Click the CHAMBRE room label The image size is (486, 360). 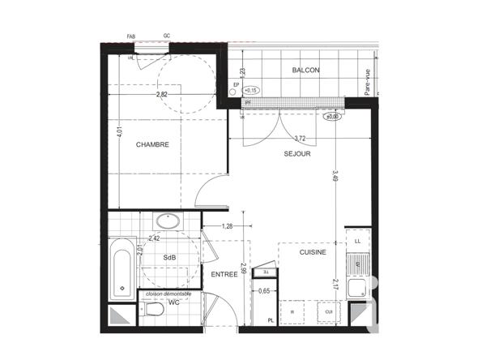point(152,145)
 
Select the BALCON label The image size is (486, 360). point(305,71)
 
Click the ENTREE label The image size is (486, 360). point(224,274)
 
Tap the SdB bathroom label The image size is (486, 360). point(169,258)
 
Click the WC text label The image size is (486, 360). point(173,302)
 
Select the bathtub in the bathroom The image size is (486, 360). point(122,266)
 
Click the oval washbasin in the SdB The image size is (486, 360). point(169,221)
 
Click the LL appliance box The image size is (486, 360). point(356,241)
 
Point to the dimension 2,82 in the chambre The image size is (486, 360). point(163,94)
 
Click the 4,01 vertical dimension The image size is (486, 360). point(119,129)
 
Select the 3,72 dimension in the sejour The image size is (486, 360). point(300,139)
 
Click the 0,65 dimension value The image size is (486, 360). point(264,290)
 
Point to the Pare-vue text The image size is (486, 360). point(366,82)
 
